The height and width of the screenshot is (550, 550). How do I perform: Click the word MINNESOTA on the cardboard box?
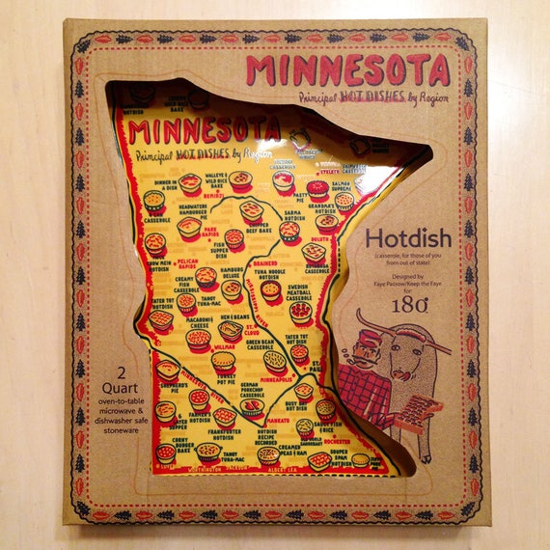coord(346,69)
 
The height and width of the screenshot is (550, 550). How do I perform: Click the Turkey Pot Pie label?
coord(225,379)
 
